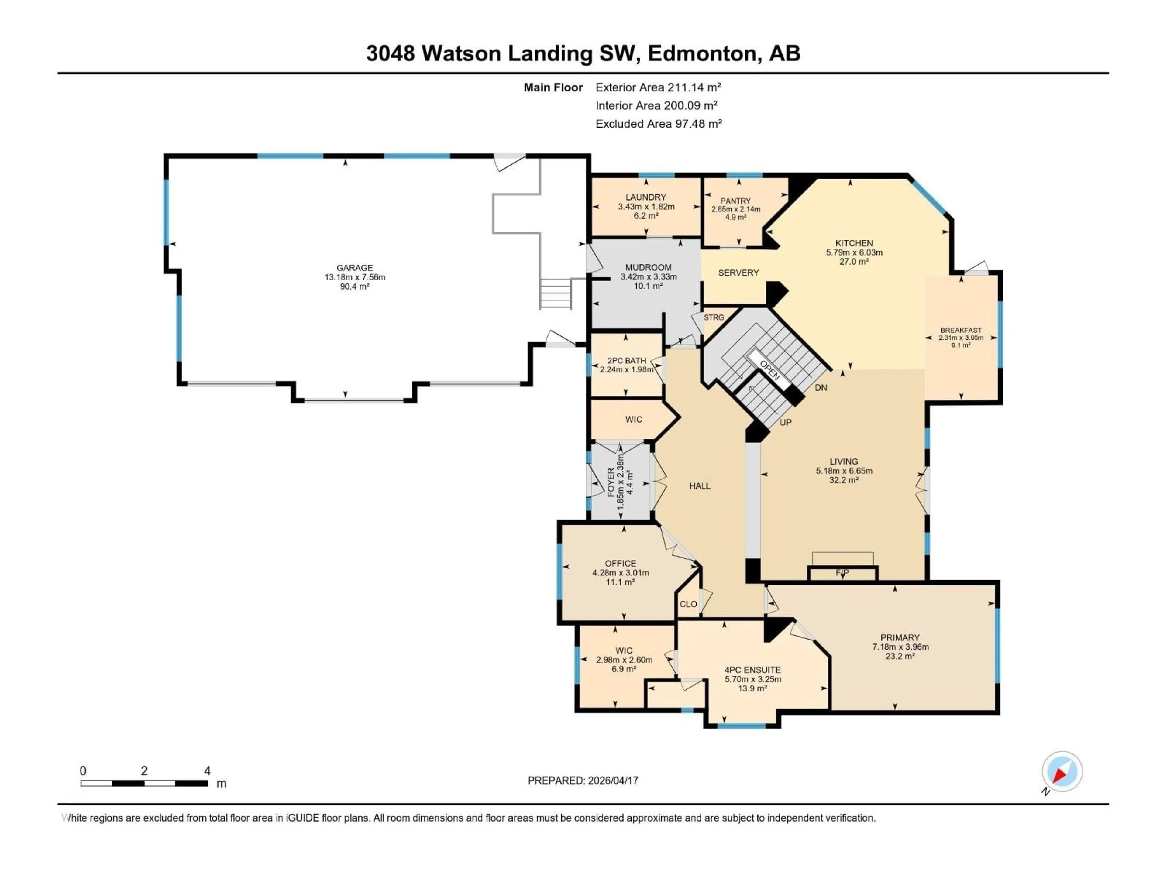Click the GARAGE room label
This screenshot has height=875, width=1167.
click(355, 267)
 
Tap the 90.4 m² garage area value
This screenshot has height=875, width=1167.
click(355, 287)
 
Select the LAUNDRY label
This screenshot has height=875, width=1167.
click(646, 197)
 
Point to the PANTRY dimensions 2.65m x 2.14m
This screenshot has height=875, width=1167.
click(735, 209)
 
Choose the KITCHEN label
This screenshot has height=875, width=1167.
click(854, 243)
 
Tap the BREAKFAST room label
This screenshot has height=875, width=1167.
click(961, 330)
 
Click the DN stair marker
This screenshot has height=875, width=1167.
click(820, 388)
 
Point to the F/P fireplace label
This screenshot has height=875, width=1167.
click(842, 573)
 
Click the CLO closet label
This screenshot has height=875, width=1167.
click(688, 604)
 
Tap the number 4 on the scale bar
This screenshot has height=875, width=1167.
click(207, 770)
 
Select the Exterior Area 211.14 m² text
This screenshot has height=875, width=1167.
click(658, 87)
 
